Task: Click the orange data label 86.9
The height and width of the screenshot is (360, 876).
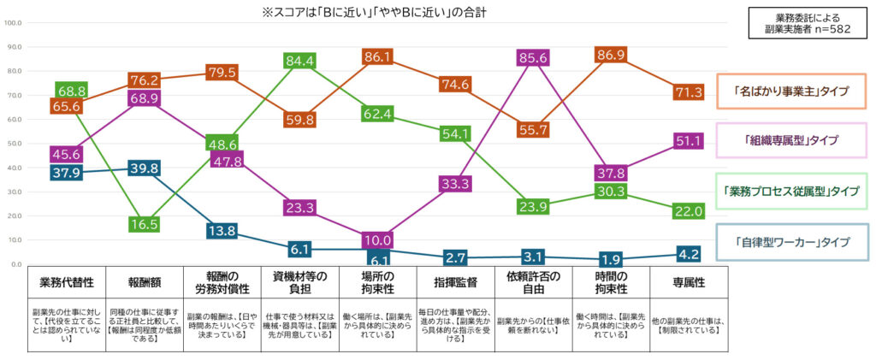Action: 612,55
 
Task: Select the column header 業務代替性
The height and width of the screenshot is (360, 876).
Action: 66,281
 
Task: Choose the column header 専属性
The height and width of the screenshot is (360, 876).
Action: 692,281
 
